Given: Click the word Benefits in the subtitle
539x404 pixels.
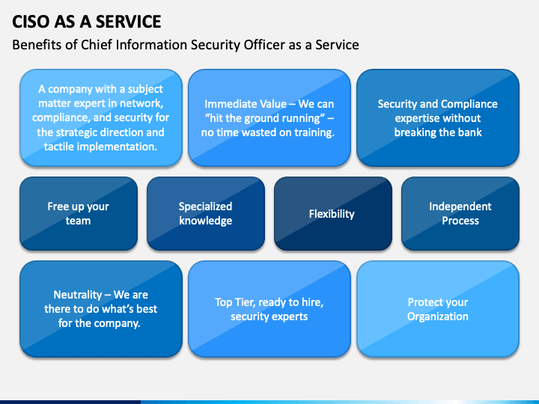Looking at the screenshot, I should (x=37, y=45).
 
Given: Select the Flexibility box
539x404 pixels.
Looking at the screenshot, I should (x=332, y=214).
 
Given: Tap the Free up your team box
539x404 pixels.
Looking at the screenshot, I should (x=78, y=213).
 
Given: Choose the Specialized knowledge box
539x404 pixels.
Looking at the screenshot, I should (x=205, y=213).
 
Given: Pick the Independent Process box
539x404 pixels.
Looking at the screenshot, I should (x=460, y=213).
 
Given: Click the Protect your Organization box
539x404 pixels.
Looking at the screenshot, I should (x=437, y=309).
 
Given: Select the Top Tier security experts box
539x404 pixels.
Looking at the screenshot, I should (x=269, y=309).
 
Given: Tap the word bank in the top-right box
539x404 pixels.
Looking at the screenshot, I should (x=468, y=132).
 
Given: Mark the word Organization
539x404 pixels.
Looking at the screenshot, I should (x=437, y=316).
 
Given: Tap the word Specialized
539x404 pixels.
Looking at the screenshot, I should (x=205, y=206).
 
